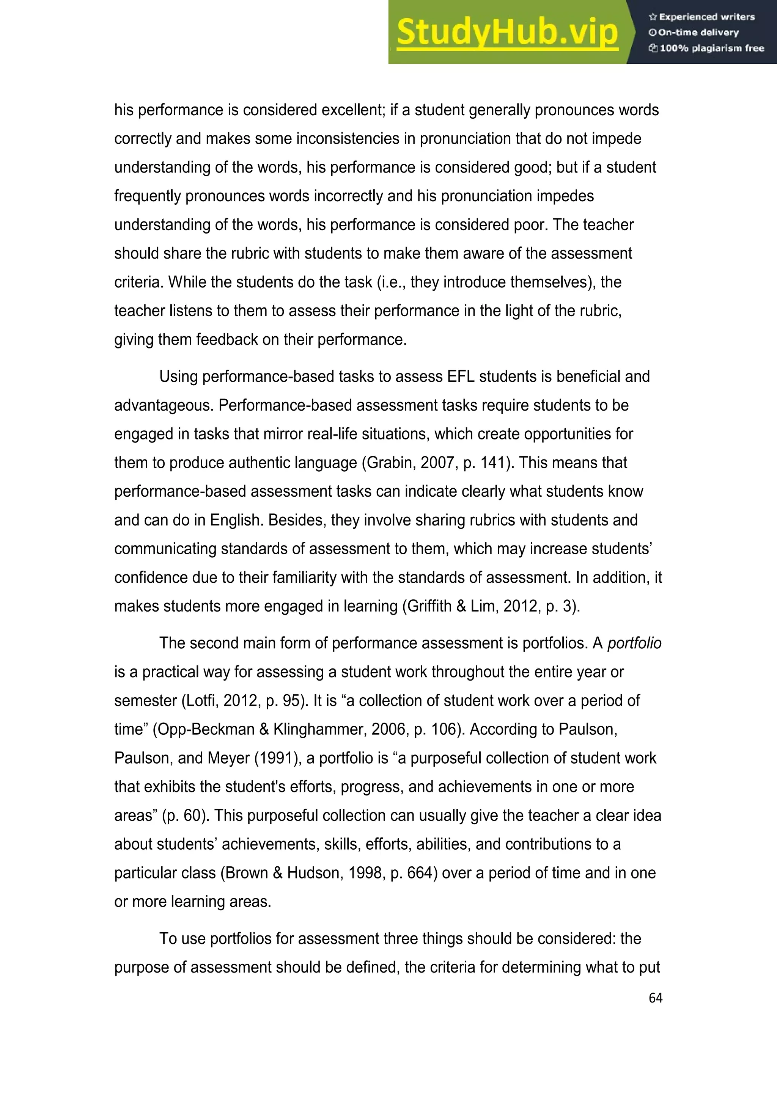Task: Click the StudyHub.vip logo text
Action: pos(507,33)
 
